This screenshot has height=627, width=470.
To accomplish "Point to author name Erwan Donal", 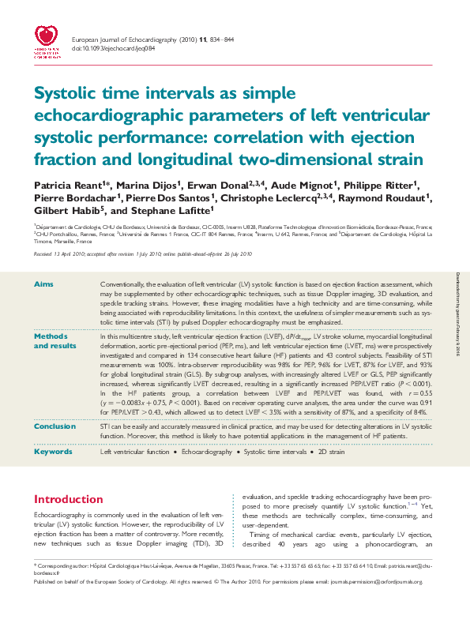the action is tap(223, 184).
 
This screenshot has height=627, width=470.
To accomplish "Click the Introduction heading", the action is tap(71, 499).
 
